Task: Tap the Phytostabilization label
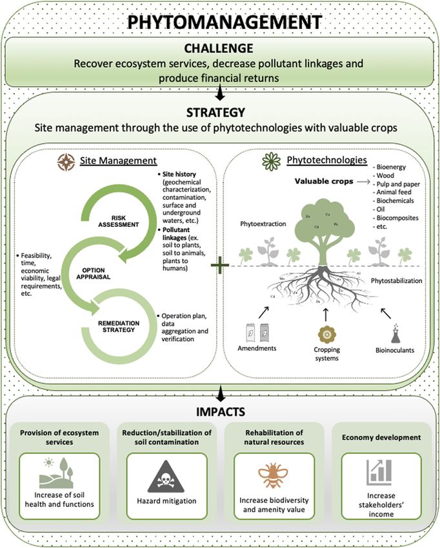click(x=395, y=280)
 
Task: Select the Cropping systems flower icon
click(x=325, y=336)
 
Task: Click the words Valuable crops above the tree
click(x=321, y=182)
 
